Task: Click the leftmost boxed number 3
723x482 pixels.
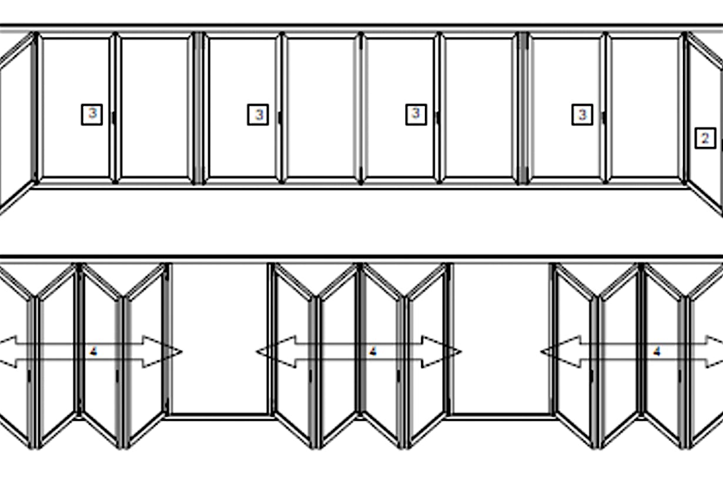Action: point(92,114)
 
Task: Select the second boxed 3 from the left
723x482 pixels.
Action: point(258,114)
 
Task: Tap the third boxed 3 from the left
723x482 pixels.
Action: point(416,114)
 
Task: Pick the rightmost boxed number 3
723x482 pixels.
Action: point(582,114)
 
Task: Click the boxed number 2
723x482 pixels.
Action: point(705,138)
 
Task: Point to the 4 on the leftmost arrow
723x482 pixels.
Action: point(93,352)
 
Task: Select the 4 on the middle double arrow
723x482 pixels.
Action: point(373,352)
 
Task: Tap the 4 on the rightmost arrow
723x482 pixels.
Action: point(657,352)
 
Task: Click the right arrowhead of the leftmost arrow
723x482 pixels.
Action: point(162,352)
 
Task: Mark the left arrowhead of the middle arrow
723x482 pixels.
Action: point(276,352)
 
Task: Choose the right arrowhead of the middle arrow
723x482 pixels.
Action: point(441,352)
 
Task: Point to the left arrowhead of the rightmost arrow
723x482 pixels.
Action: point(561,352)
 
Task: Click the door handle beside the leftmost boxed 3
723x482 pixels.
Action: point(113,118)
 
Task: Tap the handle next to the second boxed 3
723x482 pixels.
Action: point(280,118)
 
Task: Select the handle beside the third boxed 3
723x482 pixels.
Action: point(437,118)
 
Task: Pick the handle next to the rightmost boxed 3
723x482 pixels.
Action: point(604,118)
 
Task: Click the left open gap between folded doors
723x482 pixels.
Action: point(220,339)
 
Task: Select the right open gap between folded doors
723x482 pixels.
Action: point(501,339)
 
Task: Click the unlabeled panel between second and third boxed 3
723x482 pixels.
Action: point(322,108)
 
